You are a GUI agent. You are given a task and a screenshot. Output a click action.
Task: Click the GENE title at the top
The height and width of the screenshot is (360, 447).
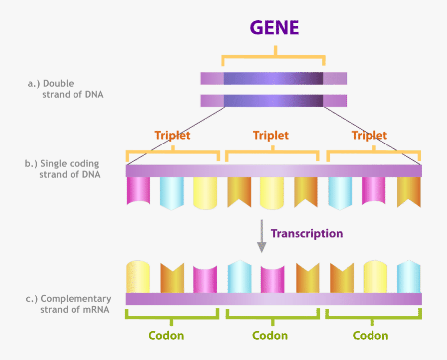pyautogui.click(x=275, y=28)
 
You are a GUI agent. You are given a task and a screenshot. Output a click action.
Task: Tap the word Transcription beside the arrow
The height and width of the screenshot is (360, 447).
pyautogui.click(x=306, y=233)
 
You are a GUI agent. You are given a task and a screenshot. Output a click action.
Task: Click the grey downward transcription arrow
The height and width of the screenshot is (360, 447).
pyautogui.click(x=261, y=238)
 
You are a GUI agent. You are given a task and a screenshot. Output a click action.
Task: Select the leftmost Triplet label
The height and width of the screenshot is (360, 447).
pyautogui.click(x=172, y=135)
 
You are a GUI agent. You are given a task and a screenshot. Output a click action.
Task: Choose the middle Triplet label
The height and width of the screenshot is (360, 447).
pyautogui.click(x=271, y=135)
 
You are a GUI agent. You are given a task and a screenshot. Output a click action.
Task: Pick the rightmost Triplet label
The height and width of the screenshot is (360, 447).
pyautogui.click(x=369, y=135)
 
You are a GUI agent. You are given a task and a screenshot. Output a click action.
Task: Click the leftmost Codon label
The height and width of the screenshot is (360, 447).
pyautogui.click(x=166, y=336)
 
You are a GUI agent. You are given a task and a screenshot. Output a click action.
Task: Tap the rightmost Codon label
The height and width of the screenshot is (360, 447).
pyautogui.click(x=371, y=336)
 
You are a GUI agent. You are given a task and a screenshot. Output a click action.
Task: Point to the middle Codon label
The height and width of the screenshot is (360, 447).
pyautogui.click(x=270, y=336)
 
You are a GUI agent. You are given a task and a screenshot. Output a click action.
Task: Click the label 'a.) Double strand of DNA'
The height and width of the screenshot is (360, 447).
pyautogui.click(x=66, y=89)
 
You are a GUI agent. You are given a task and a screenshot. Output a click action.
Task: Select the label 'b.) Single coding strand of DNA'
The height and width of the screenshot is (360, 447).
pyautogui.click(x=63, y=169)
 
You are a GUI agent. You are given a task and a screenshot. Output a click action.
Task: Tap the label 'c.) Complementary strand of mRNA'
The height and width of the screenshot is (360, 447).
pyautogui.click(x=69, y=304)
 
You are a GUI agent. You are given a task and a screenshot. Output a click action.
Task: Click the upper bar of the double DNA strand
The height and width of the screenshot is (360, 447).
pyautogui.click(x=273, y=78)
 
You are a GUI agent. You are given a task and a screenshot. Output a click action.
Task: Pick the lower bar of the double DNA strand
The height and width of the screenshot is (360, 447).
pyautogui.click(x=273, y=101)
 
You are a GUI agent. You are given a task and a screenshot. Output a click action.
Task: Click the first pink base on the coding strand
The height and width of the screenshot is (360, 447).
pyautogui.click(x=138, y=191)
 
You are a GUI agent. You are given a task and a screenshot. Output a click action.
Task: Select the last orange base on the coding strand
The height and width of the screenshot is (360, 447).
pyautogui.click(x=409, y=191)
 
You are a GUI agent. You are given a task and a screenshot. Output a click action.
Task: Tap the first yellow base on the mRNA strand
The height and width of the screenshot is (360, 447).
pyautogui.click(x=138, y=277)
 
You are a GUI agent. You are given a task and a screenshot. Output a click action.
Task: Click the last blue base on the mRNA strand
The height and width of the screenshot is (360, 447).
pyautogui.click(x=409, y=276)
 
